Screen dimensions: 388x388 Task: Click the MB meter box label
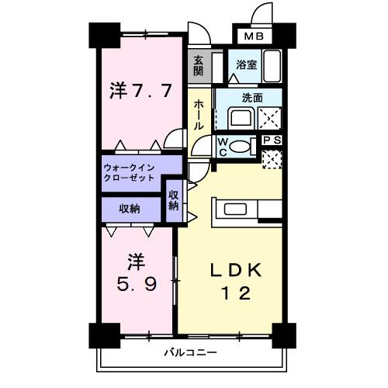point(254,36)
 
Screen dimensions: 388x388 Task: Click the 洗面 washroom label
point(251,98)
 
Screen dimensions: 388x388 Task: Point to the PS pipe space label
point(272,140)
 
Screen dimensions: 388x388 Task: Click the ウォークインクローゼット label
point(130,172)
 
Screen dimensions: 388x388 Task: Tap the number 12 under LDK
point(232,294)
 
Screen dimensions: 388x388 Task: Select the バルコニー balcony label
point(189,352)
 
